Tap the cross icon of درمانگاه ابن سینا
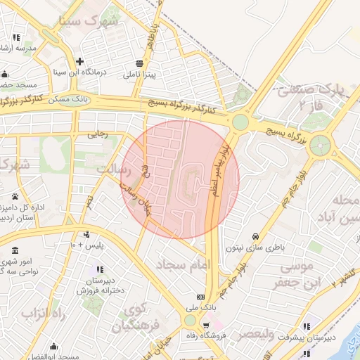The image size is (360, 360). [80, 61]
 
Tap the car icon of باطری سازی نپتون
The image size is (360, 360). [255, 236]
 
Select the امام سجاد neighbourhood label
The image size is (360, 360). [186, 265]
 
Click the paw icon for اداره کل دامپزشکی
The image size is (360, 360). [15, 196]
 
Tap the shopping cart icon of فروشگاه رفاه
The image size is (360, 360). [205, 325]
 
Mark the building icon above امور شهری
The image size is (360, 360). [15, 251]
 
